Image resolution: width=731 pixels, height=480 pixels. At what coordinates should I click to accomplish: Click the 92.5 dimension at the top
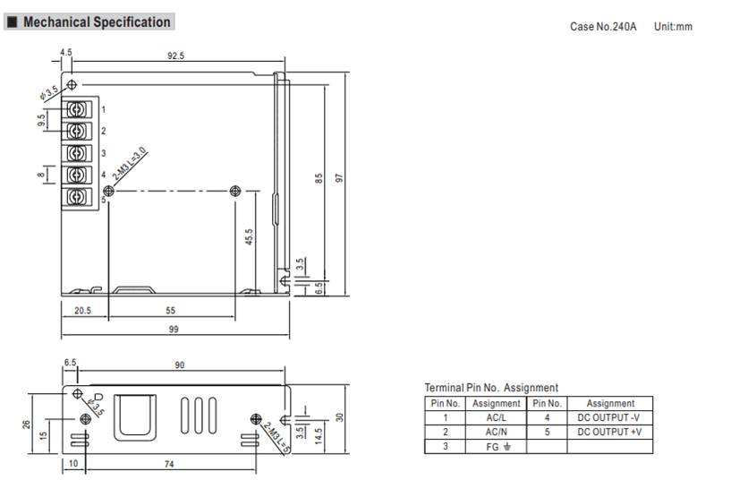[x=175, y=56]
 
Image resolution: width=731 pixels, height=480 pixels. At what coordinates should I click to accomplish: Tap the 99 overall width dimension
[x=174, y=329]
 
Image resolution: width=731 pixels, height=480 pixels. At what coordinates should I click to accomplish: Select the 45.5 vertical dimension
[x=249, y=236]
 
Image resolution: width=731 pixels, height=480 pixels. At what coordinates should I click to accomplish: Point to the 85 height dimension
[x=319, y=178]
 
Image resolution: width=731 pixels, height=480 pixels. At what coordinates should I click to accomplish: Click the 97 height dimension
[x=339, y=178]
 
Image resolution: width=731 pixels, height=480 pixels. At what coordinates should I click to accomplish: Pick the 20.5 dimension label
[x=83, y=310]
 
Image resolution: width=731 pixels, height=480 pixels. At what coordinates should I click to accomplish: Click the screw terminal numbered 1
[x=76, y=109]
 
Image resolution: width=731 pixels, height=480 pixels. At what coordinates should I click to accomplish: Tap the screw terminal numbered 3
[x=76, y=153]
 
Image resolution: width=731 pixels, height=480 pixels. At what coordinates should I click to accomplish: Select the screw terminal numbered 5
[x=76, y=197]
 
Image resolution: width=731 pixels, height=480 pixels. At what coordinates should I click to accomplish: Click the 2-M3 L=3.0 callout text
[x=129, y=163]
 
